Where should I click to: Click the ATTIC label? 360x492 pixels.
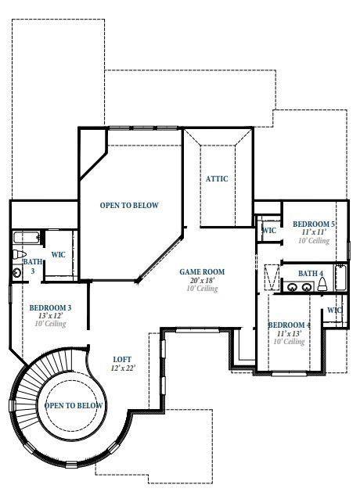click(217, 179)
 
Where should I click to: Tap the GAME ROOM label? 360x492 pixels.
click(202, 272)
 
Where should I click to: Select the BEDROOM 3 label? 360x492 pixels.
click(51, 308)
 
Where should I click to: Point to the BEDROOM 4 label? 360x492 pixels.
click(289, 325)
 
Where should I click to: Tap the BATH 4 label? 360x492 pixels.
click(311, 273)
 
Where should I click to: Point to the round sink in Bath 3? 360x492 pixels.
click(17, 272)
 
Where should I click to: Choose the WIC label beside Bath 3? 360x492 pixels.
click(58, 254)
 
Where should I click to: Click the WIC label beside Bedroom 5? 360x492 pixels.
click(268, 231)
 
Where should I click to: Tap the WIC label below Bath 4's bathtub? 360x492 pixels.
click(335, 311)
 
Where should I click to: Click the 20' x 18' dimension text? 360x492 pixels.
click(202, 280)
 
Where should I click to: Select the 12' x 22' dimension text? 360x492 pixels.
click(124, 368)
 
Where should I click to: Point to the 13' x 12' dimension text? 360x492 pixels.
click(51, 316)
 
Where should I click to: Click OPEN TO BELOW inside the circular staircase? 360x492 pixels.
click(74, 405)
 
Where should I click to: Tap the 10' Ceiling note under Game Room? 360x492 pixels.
click(202, 289)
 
